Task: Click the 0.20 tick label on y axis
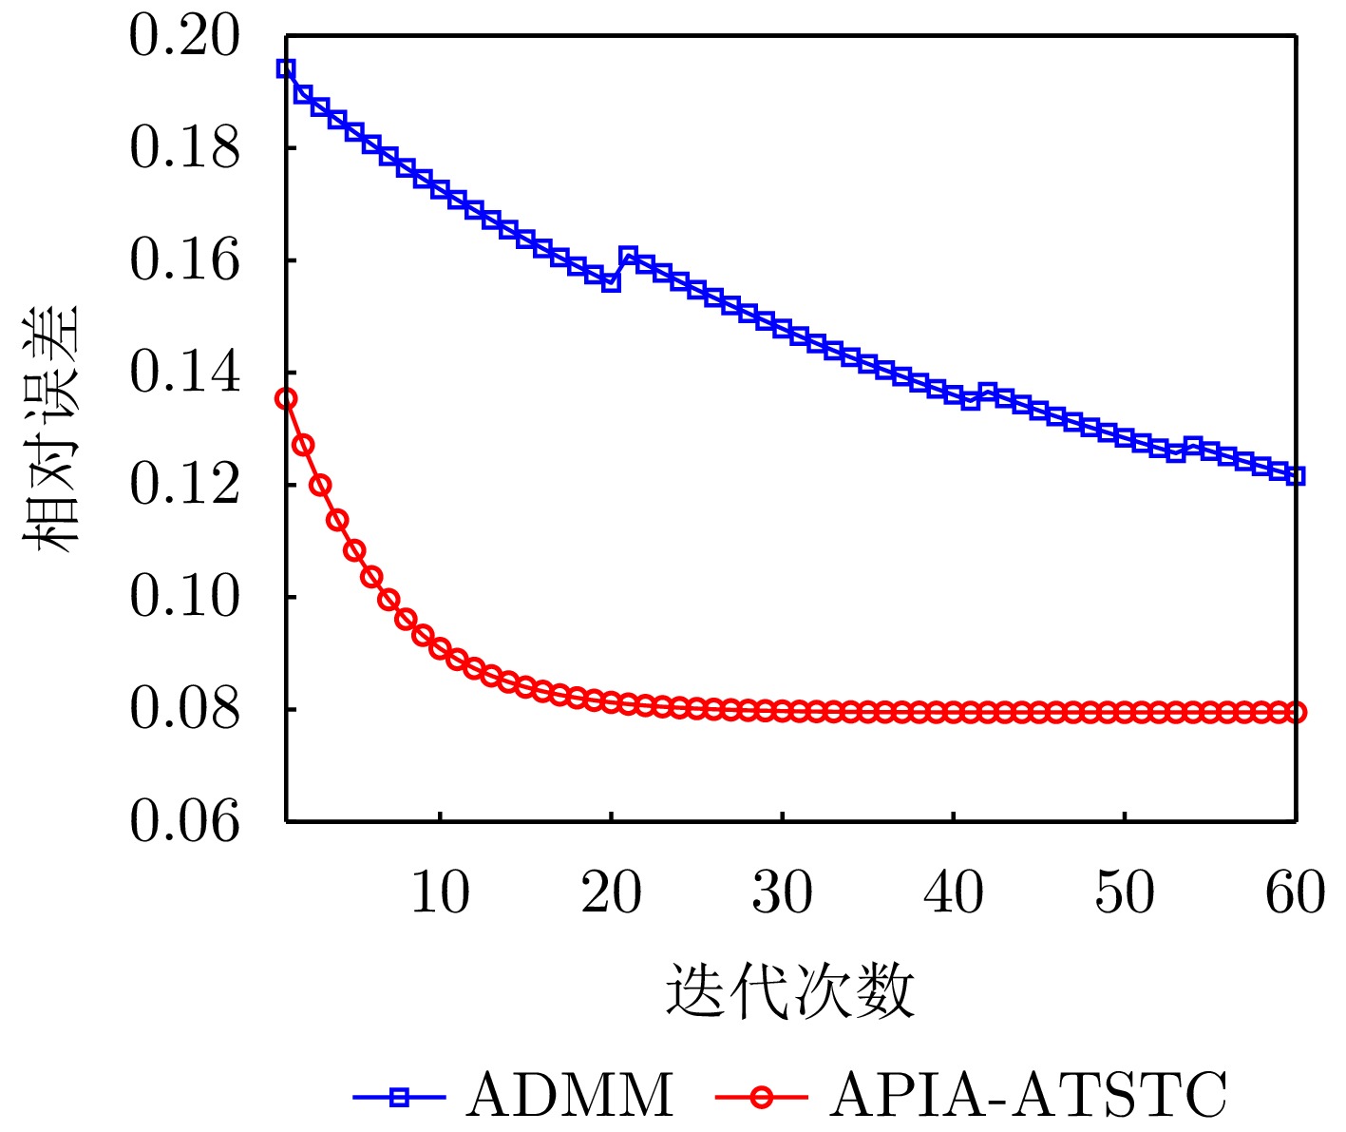pos(184,37)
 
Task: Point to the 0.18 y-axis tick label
pos(184,149)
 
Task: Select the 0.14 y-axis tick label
pos(184,374)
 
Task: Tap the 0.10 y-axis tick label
pos(184,598)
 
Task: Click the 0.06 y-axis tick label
pos(184,822)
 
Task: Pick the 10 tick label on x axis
pos(440,893)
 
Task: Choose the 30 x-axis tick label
pos(782,893)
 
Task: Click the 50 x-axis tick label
pos(1124,893)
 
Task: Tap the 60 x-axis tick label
pos(1295,893)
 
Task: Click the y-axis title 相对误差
pos(52,430)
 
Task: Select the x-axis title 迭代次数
pos(789,991)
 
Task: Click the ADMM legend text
pos(569,1096)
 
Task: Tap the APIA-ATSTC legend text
pos(1029,1096)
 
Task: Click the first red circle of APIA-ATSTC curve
pos(286,399)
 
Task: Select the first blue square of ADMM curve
pos(286,68)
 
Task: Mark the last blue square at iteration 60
pos(1296,475)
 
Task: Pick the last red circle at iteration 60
pos(1296,712)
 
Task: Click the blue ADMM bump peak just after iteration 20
pos(628,256)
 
